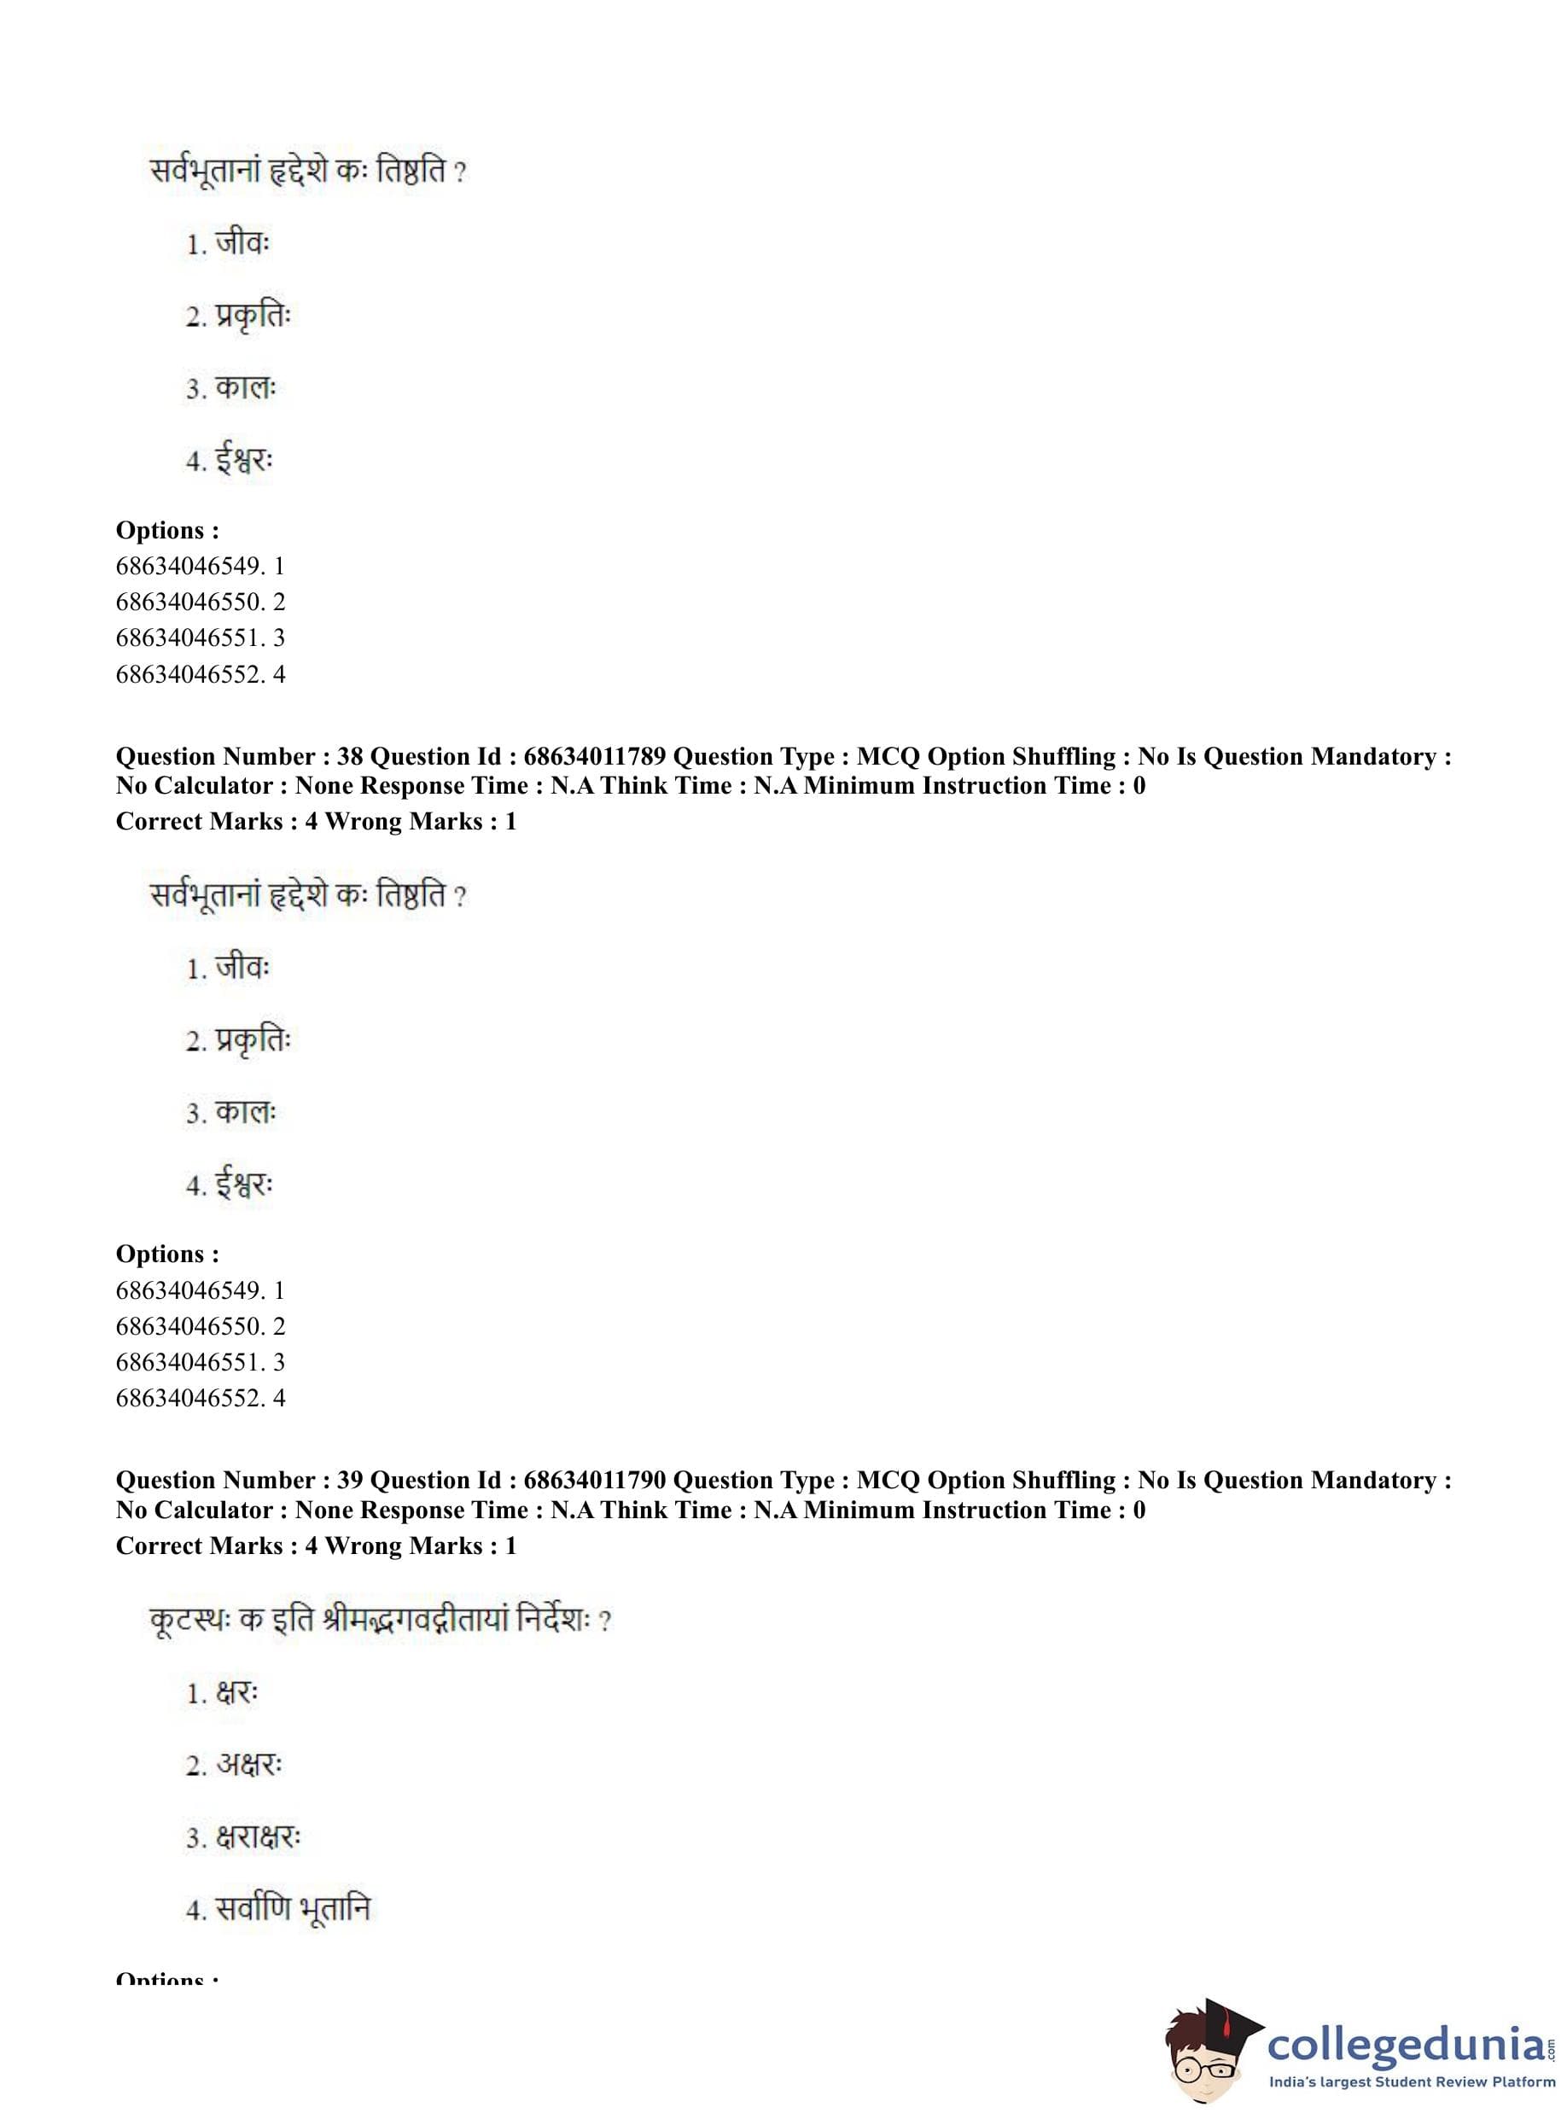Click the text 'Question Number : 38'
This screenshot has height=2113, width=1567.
point(238,757)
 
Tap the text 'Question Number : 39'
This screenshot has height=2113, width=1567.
point(238,1481)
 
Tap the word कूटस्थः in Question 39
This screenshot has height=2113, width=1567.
point(189,1620)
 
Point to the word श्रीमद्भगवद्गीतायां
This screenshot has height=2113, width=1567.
point(402,1620)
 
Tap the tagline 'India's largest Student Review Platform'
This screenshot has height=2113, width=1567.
point(1412,2081)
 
